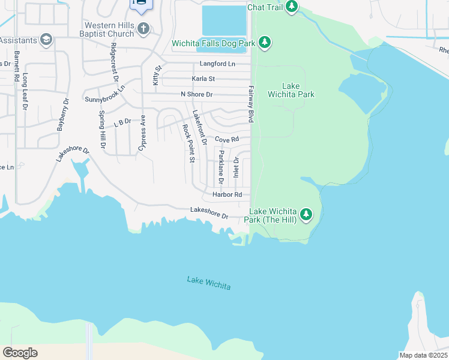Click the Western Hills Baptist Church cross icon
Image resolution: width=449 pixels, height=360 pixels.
(143, 28)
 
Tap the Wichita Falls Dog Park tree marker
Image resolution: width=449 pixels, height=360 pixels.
(265, 43)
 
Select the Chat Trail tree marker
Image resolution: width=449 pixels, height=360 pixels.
(291, 7)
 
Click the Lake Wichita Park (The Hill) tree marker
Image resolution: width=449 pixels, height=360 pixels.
(306, 214)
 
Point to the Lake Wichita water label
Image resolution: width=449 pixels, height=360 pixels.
(208, 283)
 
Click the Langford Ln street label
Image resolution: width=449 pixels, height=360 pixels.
(218, 64)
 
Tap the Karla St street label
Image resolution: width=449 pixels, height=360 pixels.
(203, 79)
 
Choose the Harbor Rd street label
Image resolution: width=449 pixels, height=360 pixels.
(227, 194)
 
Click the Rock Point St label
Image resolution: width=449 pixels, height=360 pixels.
(188, 143)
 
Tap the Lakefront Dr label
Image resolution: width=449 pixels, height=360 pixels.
(199, 127)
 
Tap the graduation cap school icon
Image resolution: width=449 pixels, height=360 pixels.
(46, 40)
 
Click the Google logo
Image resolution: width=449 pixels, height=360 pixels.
(20, 352)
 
